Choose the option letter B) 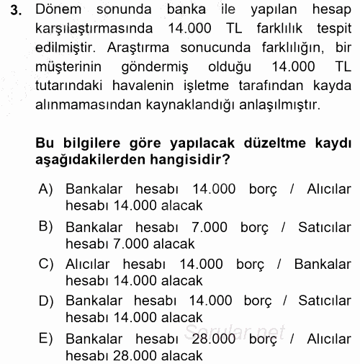(48, 226)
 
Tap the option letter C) (48, 263)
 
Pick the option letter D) (48, 301)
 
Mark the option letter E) (48, 337)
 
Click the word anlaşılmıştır (266, 105)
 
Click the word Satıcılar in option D (312, 301)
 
